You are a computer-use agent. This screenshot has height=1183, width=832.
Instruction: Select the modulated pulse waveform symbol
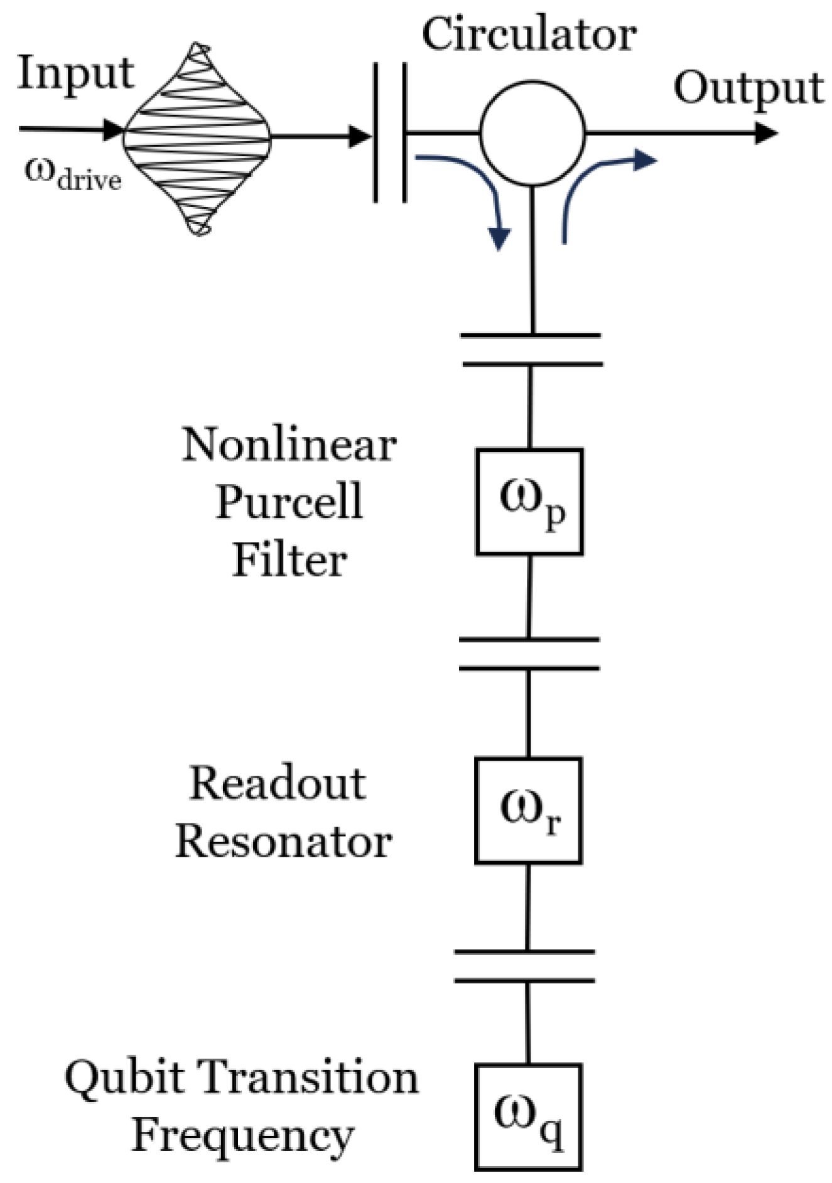(197, 138)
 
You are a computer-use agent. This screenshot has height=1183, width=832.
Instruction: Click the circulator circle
(532, 132)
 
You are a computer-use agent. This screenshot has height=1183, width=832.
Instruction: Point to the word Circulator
(529, 35)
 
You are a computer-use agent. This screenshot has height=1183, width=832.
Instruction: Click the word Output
(748, 88)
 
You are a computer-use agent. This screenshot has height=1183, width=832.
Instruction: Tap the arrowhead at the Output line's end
(765, 133)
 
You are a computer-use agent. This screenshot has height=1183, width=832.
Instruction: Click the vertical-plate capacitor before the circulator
(390, 132)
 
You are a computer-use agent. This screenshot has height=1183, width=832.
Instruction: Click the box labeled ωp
(529, 502)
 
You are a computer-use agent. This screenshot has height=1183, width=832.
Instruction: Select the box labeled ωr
(528, 811)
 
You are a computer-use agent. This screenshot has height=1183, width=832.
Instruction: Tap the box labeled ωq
(528, 1116)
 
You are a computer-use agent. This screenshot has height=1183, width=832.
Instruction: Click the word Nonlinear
(289, 445)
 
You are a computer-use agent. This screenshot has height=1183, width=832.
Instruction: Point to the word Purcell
(289, 502)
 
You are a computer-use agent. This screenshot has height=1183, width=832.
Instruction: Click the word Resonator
(284, 841)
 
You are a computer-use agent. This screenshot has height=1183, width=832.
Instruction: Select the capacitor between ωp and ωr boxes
(529, 654)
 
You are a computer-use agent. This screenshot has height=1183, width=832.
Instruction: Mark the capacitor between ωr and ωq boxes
(525, 966)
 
